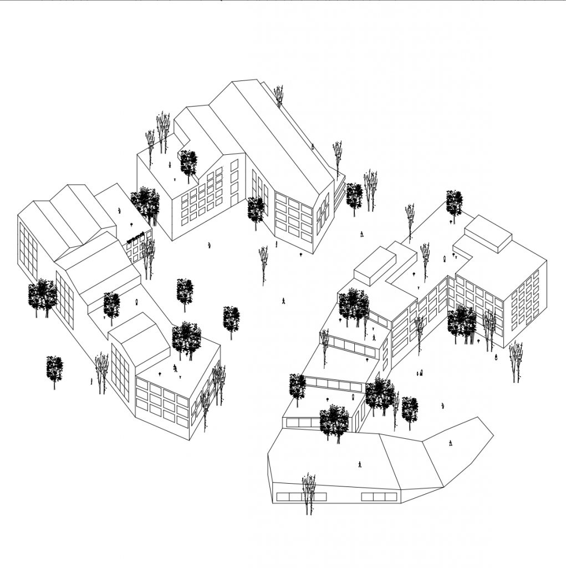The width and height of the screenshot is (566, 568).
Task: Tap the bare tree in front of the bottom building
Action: pos(308,491)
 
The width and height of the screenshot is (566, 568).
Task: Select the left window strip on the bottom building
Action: pos(293,496)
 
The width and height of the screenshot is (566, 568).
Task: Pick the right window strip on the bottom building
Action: pos(379,496)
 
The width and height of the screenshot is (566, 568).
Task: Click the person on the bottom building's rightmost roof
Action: pos(451,442)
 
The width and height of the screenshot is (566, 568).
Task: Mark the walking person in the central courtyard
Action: pos(283,301)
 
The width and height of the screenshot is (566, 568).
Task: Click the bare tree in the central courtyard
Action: pos(263,263)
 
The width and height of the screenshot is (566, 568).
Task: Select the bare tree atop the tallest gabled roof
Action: pos(278,95)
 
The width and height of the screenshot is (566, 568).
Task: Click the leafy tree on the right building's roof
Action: pos(454,202)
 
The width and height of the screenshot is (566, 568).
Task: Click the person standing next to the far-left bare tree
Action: pos(91,381)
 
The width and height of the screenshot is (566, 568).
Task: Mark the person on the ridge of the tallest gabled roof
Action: pos(313,147)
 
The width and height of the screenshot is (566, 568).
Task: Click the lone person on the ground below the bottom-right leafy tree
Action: pos(442,406)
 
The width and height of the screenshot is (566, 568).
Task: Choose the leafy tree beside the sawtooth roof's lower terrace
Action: pos(111,305)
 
